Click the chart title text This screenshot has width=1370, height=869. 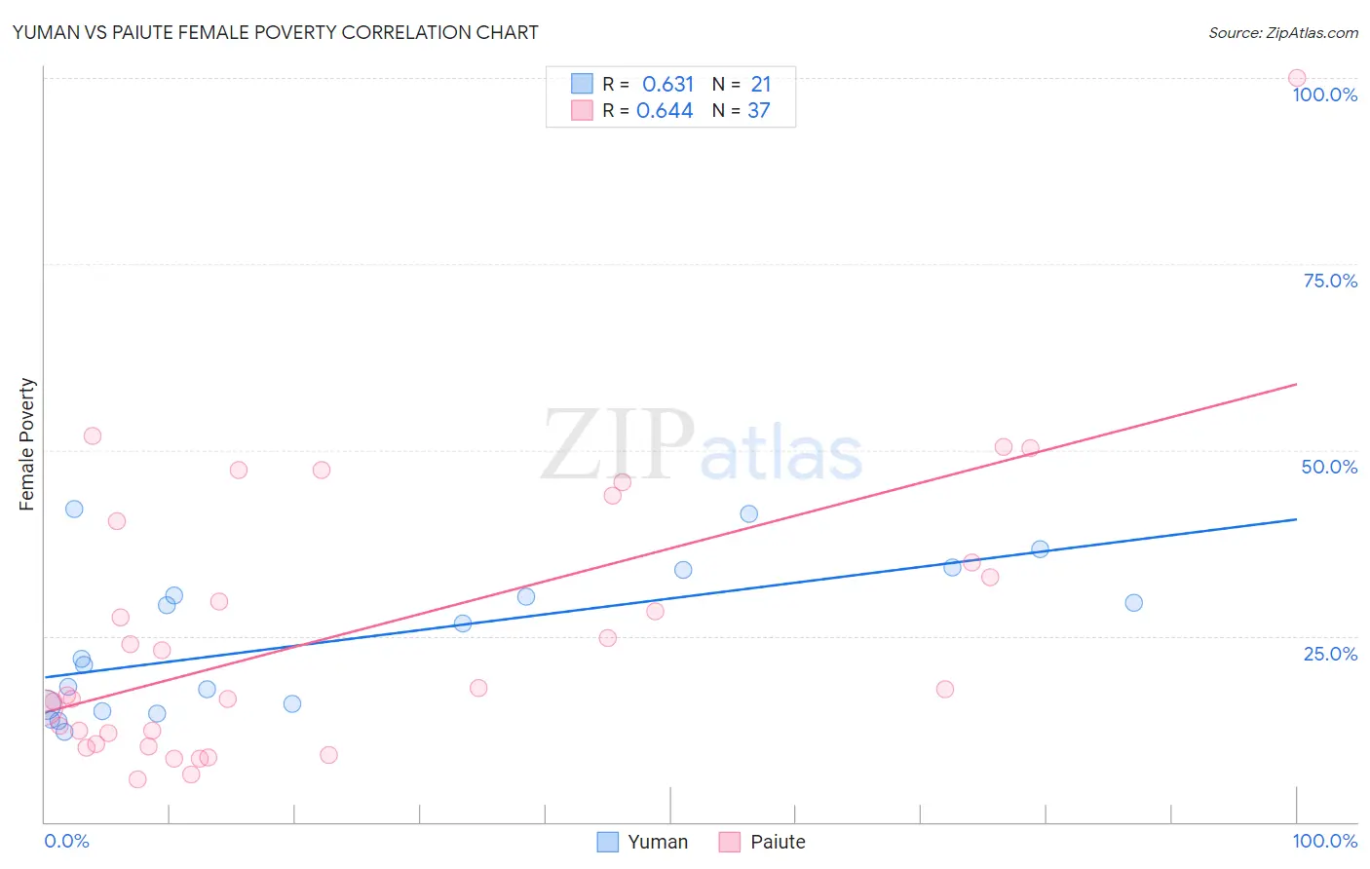pyautogui.click(x=275, y=32)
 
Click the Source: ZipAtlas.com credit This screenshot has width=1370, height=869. pyautogui.click(x=1282, y=32)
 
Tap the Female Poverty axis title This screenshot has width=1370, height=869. pyautogui.click(x=26, y=444)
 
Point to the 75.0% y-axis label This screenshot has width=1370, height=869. pyautogui.click(x=1330, y=281)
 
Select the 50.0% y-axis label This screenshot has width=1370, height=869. pyautogui.click(x=1329, y=467)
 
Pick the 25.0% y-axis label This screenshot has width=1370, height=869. pyautogui.click(x=1330, y=654)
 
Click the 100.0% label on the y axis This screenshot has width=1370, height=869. pyautogui.click(x=1324, y=94)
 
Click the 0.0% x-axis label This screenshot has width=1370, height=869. pyautogui.click(x=66, y=841)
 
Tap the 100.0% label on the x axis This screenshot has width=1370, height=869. pyautogui.click(x=1324, y=841)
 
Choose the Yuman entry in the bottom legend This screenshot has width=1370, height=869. pyautogui.click(x=643, y=842)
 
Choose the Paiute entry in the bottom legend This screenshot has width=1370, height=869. pyautogui.click(x=763, y=842)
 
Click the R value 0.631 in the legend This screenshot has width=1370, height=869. pyautogui.click(x=667, y=85)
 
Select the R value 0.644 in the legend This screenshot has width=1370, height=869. pyautogui.click(x=665, y=111)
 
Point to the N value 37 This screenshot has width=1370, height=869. pyautogui.click(x=758, y=111)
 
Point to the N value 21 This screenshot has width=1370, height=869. pyautogui.click(x=760, y=85)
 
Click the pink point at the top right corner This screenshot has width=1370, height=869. pyautogui.click(x=1297, y=78)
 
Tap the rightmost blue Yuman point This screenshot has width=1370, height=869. pyautogui.click(x=1133, y=603)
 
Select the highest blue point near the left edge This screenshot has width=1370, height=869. pyautogui.click(x=74, y=509)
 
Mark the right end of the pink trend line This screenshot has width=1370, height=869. pyautogui.click(x=1297, y=384)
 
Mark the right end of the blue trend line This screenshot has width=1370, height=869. pyautogui.click(x=1297, y=519)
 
